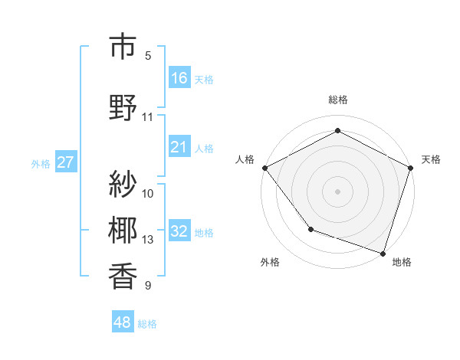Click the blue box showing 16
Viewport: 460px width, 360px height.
179,78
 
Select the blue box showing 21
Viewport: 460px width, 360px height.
179,147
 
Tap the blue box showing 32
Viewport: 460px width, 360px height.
179,231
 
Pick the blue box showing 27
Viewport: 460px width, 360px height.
65,162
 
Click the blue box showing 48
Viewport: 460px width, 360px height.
123,322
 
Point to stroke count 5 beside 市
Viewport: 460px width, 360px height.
148,56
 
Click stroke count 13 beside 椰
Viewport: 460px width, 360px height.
148,240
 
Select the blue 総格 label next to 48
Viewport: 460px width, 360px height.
147,324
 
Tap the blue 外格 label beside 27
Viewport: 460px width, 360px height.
41,163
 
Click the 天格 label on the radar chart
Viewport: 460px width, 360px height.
431,159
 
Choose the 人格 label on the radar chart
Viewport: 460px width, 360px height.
245,159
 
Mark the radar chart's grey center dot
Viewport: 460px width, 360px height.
337,191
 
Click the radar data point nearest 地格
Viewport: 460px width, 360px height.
383,253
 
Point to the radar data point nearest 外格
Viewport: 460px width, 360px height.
310,228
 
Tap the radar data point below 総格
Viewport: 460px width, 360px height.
337,131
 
